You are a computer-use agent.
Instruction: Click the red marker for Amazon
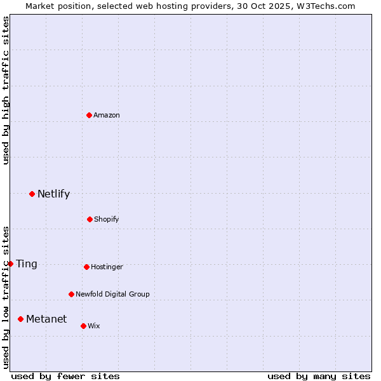pyautogui.click(x=89, y=115)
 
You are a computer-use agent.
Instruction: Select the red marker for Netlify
pyautogui.click(x=32, y=194)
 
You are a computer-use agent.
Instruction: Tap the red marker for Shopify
pyautogui.click(x=90, y=219)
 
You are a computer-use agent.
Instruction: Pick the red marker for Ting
pyautogui.click(x=10, y=264)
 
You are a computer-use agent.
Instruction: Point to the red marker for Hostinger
pyautogui.click(x=86, y=267)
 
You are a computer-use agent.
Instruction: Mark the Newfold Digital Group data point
pyautogui.click(x=71, y=294)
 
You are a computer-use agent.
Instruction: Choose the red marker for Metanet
pyautogui.click(x=20, y=319)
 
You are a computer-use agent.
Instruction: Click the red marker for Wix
pyautogui.click(x=83, y=326)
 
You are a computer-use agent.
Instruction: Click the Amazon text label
pyautogui.click(x=107, y=115)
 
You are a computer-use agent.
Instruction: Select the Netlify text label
pyautogui.click(x=53, y=194)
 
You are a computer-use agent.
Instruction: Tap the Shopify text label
pyautogui.click(x=107, y=219)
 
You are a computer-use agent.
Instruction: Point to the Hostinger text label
pyautogui.click(x=107, y=267)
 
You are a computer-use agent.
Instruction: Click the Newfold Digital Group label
pyautogui.click(x=112, y=294)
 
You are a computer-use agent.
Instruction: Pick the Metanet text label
pyautogui.click(x=46, y=319)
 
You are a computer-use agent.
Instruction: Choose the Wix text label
pyautogui.click(x=94, y=326)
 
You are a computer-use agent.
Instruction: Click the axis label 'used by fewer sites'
pyautogui.click(x=65, y=376)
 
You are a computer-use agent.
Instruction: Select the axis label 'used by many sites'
pyautogui.click(x=319, y=376)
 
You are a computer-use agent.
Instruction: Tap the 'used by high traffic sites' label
pyautogui.click(x=6, y=90)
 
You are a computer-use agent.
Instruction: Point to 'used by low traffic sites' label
pyautogui.click(x=6, y=297)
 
